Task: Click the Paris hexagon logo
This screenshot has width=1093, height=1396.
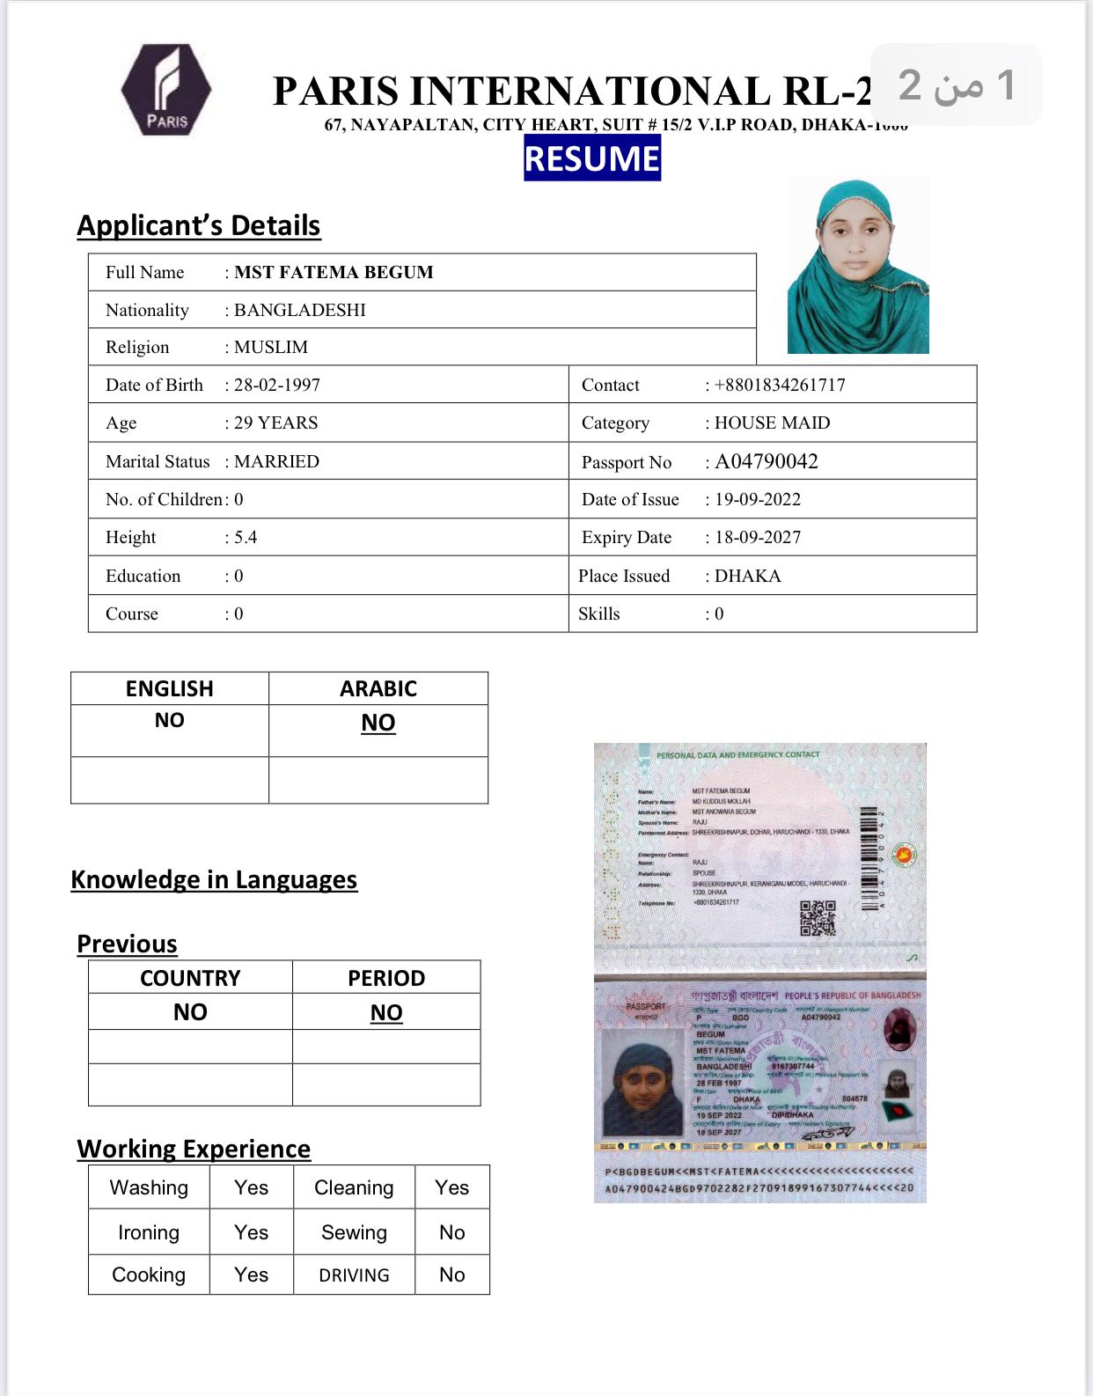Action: (166, 90)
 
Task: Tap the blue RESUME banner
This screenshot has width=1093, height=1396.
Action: (591, 158)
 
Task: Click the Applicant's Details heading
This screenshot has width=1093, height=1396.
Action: (199, 225)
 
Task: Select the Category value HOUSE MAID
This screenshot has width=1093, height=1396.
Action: (772, 422)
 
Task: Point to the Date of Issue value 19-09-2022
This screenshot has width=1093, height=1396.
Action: (757, 499)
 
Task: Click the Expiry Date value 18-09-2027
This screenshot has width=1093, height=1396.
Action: (757, 537)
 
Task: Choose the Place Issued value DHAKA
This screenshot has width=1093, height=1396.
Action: (747, 576)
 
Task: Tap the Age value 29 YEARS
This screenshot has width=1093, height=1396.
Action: (275, 422)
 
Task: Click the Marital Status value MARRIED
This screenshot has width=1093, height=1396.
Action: (276, 461)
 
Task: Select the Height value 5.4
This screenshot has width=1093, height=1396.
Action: (246, 537)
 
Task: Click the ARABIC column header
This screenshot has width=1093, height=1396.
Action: (378, 688)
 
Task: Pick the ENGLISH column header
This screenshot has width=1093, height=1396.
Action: (169, 688)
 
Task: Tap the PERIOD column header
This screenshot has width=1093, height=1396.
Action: (386, 978)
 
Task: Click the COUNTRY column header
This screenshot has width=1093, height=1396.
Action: (190, 978)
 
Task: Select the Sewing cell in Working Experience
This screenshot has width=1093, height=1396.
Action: (354, 1232)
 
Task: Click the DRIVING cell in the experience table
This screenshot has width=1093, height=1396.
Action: (354, 1275)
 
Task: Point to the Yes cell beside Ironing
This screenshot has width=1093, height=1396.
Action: (251, 1232)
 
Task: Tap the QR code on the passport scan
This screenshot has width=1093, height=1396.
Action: (818, 918)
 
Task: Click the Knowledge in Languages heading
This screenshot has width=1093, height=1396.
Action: (214, 879)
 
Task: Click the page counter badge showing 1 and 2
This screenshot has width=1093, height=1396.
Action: (957, 84)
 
